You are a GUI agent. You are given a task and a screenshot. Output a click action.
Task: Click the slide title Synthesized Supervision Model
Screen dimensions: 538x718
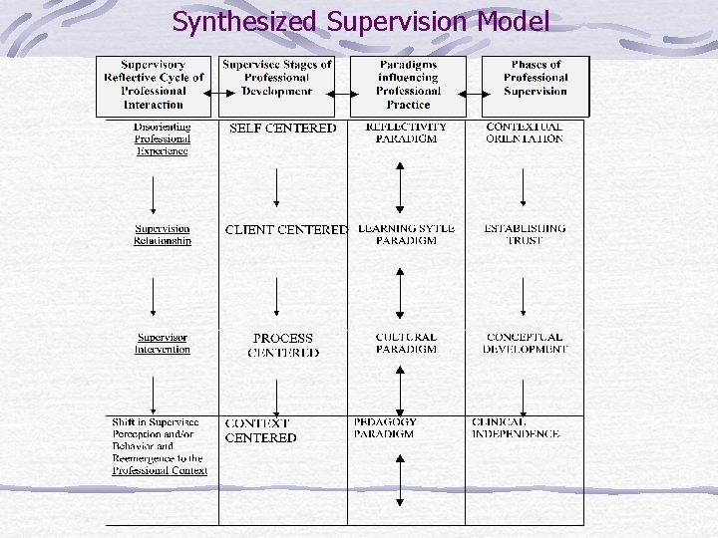coord(360,21)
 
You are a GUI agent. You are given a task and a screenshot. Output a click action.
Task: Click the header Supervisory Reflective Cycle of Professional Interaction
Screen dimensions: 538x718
coord(154,85)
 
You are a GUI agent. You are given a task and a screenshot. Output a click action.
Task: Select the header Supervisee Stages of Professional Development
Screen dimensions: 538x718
coord(276,78)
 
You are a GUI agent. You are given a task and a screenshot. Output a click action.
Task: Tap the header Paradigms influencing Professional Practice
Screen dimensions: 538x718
coord(408,85)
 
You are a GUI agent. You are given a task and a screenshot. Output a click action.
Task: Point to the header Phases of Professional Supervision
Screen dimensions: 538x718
coord(536,78)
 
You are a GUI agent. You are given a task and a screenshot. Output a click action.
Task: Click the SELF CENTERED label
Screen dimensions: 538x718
coord(282,129)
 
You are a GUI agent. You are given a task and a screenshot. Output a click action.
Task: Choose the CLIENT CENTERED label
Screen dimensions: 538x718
coord(285,230)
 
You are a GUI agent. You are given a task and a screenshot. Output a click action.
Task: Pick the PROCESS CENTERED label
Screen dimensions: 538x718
coord(283,345)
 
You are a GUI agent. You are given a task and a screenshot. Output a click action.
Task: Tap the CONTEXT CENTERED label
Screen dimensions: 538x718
coord(260,430)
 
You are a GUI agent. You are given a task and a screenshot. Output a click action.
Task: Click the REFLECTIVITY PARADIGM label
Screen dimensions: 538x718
coord(406,133)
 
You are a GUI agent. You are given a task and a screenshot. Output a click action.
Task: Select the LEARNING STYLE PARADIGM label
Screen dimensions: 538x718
coord(406,234)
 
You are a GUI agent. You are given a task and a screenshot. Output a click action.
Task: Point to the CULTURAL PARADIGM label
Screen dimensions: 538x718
coord(406,343)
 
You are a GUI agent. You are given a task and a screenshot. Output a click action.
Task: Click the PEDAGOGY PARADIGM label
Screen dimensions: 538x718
coord(386,427)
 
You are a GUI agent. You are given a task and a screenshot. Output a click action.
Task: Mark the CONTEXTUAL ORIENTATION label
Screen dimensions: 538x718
coord(525,133)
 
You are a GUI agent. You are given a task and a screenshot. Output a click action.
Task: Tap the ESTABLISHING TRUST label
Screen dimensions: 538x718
coord(525,234)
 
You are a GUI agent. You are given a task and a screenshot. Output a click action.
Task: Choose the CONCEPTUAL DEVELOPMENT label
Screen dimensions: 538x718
coord(525,343)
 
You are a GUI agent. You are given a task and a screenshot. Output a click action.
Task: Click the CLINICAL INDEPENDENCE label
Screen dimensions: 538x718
coord(516,427)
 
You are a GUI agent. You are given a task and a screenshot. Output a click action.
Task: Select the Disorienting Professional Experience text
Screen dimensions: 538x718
coord(162,139)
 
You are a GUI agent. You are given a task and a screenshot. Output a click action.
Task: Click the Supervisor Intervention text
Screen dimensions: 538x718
coord(163,343)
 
